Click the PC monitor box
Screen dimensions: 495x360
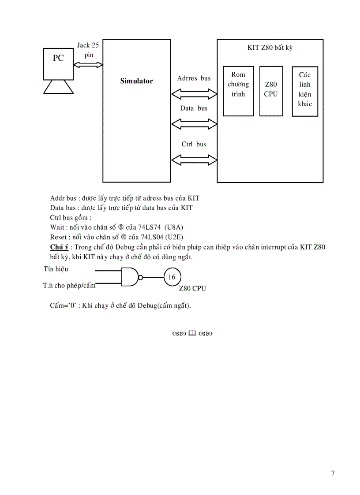(x=58, y=63)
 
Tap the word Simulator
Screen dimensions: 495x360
(x=137, y=81)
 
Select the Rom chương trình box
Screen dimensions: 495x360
(x=238, y=91)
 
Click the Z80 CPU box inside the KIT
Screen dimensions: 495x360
(x=271, y=91)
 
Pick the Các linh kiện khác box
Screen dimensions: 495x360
(x=305, y=91)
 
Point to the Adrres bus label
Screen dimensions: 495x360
(x=194, y=78)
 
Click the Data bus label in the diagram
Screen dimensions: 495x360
(x=194, y=108)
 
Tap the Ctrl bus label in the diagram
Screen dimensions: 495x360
(x=194, y=144)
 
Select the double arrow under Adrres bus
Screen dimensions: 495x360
(x=194, y=94)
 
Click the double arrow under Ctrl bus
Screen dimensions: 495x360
(x=194, y=158)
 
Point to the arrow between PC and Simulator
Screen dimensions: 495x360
(x=88, y=65)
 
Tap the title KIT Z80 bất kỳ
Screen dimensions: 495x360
(x=270, y=48)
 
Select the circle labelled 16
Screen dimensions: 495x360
(x=172, y=277)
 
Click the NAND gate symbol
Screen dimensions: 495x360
(x=131, y=277)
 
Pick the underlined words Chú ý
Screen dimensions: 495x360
(x=59, y=247)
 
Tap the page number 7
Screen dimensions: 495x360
(x=333, y=473)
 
